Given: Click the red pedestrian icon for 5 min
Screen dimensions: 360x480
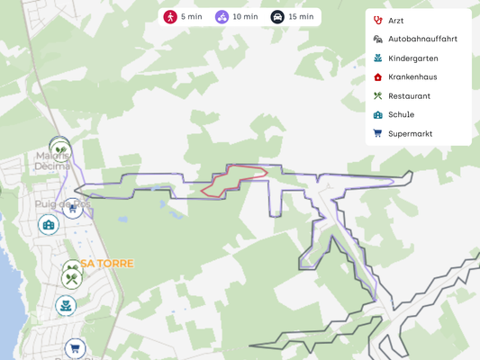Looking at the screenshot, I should point(170,17).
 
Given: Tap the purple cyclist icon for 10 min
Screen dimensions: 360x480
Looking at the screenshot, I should point(222,17).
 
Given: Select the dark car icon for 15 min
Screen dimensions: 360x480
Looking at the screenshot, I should point(277,17).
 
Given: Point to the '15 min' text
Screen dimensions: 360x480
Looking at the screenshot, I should point(301,17).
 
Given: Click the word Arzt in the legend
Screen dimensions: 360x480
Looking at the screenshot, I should point(396,20).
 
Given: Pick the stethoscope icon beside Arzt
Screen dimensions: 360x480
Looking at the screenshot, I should point(377,20).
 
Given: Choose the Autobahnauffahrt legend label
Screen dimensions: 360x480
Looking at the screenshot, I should point(422,39).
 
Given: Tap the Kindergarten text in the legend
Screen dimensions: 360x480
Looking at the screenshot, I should point(412,58).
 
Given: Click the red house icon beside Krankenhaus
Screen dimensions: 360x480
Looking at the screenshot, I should point(377,76).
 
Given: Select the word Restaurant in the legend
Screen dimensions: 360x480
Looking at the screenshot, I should point(409,95).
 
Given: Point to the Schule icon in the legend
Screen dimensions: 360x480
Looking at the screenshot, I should point(377,114).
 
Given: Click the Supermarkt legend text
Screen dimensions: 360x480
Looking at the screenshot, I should point(410,133).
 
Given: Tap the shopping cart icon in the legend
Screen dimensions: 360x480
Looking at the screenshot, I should point(377,133).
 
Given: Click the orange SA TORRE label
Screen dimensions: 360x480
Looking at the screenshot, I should point(107,264).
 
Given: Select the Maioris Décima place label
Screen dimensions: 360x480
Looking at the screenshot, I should point(52,160).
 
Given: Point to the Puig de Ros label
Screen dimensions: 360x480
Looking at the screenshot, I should point(62,203).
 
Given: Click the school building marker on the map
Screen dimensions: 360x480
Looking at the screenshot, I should point(49,224).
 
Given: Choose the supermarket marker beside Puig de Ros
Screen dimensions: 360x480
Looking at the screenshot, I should point(72,209).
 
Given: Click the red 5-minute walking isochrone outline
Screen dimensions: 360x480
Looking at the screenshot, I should point(234,179).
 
